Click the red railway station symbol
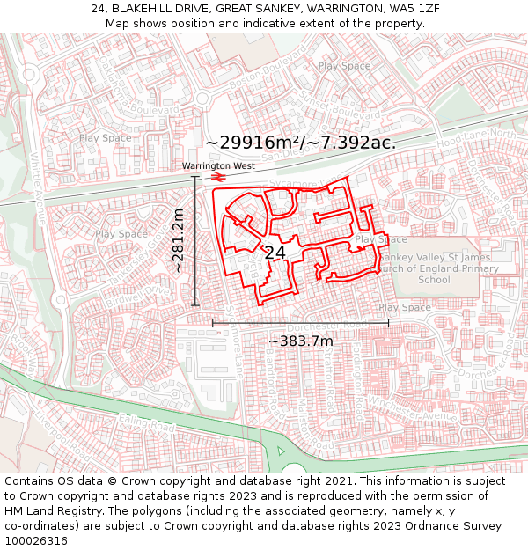pyautogui.click(x=217, y=177)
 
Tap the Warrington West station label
pyautogui.click(x=218, y=165)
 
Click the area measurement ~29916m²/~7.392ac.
pyautogui.click(x=300, y=143)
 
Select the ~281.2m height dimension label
pyautogui.click(x=179, y=240)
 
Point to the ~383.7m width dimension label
pyautogui.click(x=300, y=341)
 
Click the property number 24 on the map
pyautogui.click(x=275, y=253)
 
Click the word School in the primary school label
pyautogui.click(x=434, y=280)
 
